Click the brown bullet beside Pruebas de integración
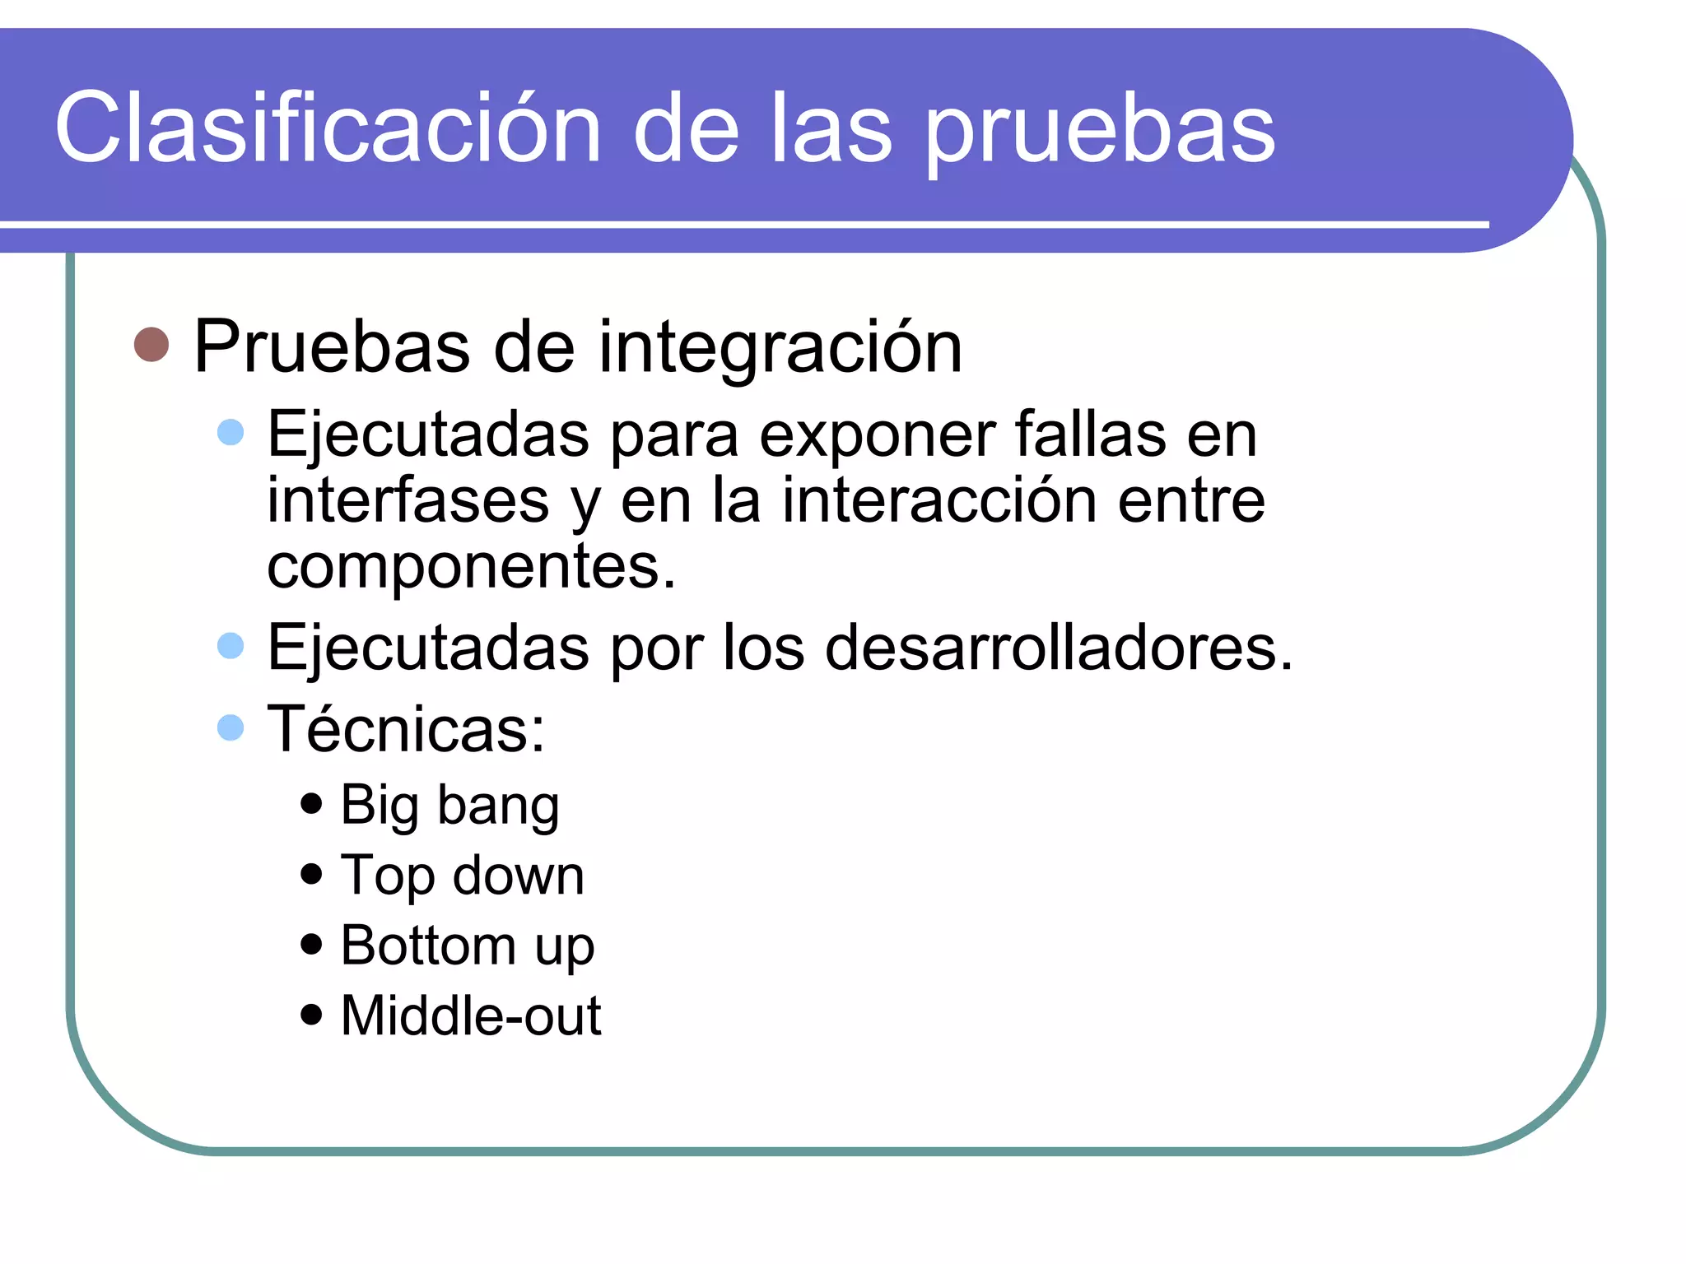coord(151,345)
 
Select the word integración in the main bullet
coord(780,347)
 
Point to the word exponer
coord(876,434)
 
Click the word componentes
coord(471,568)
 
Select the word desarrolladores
coord(1059,648)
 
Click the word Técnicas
coord(406,729)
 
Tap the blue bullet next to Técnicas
coord(231,727)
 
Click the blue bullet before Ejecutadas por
coord(231,646)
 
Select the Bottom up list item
coord(467,946)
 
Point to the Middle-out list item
coord(470,1015)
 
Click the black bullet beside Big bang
coord(311,803)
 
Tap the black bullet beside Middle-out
coord(311,1014)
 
